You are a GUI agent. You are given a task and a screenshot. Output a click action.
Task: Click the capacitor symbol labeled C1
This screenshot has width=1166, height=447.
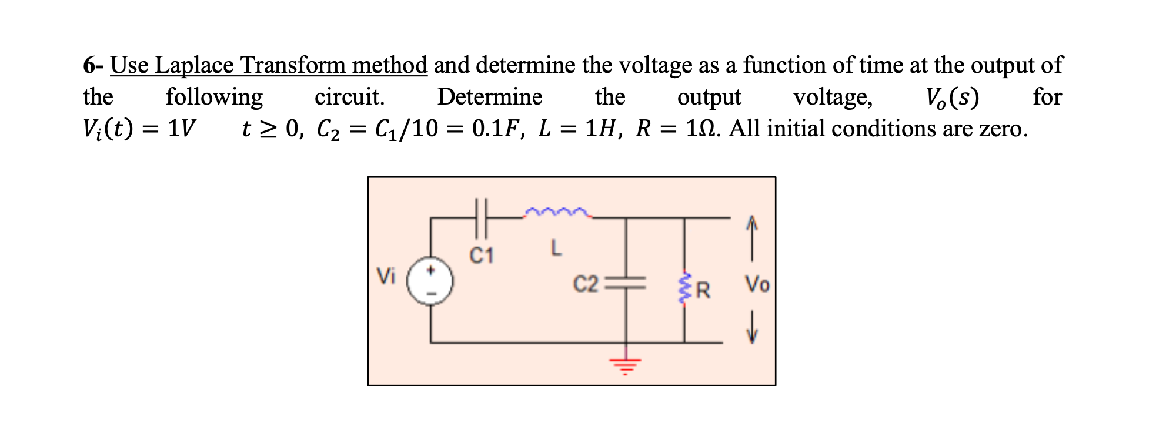coord(482,218)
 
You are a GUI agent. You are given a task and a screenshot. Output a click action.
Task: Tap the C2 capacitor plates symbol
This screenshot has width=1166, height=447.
coord(626,283)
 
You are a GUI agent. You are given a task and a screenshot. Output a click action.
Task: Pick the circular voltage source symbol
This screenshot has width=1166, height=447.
coord(430,281)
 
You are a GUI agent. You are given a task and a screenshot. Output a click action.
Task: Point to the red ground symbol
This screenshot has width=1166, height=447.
coord(626,365)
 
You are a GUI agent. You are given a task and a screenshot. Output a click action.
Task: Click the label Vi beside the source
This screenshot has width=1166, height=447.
coord(386,275)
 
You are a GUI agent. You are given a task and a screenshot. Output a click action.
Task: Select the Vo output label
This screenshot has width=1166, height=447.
coord(757,284)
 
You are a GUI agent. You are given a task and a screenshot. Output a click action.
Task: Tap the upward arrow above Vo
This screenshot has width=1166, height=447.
coord(751,237)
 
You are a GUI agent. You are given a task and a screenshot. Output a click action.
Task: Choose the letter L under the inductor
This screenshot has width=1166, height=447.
coord(556,248)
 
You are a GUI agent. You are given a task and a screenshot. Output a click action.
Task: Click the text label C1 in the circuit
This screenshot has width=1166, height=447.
coord(482,256)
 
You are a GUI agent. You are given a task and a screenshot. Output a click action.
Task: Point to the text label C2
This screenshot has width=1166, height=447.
coord(585,284)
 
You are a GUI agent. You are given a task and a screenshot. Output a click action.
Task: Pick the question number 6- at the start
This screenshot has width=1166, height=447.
coord(93,65)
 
